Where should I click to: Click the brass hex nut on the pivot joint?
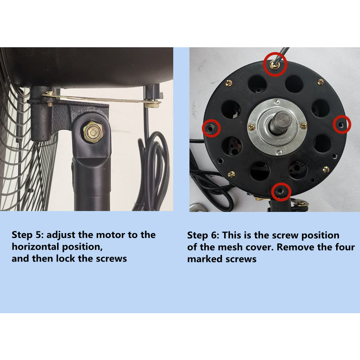93,132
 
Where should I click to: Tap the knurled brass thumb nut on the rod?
152,105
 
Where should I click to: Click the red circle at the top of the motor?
275,64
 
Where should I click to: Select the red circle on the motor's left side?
211,128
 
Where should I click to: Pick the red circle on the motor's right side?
342,125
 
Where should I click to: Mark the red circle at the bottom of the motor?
281,192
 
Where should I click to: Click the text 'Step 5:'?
28,235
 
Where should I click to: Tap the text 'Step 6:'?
203,235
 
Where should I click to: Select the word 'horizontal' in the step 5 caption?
36,247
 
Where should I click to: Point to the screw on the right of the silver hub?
303,126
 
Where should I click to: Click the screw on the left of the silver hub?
252,127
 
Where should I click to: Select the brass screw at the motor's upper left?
229,83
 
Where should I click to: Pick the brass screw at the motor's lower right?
326,170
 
